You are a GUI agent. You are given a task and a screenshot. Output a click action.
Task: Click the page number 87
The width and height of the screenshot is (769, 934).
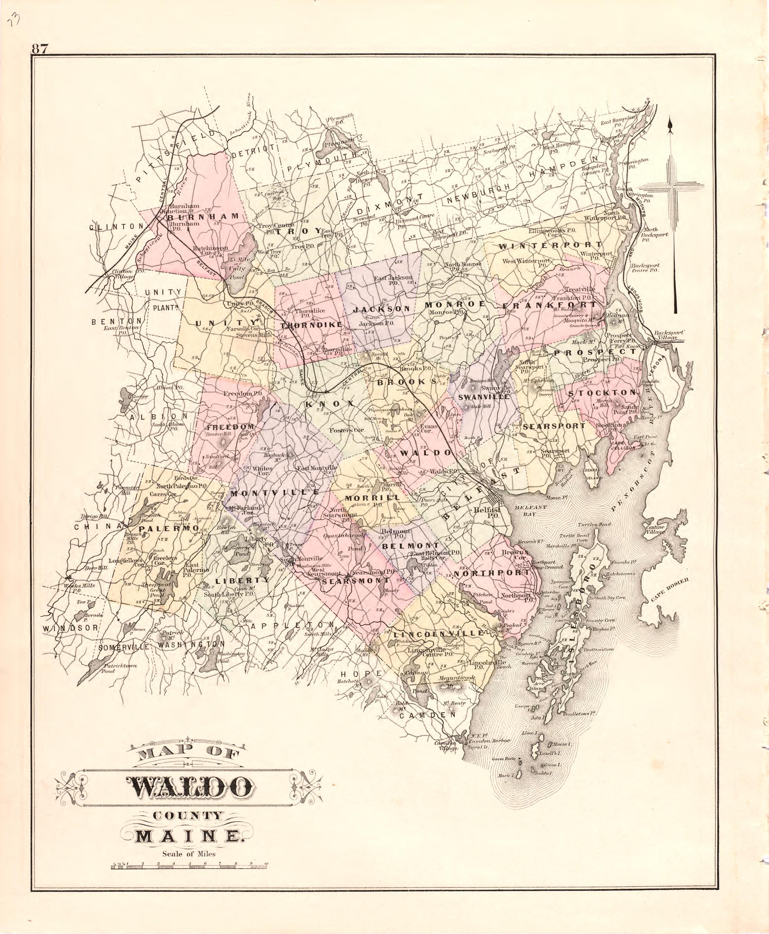click(x=39, y=48)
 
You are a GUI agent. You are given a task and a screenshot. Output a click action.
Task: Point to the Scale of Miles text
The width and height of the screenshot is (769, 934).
click(x=189, y=854)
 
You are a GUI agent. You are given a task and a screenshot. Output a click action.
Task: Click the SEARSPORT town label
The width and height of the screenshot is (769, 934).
click(x=554, y=426)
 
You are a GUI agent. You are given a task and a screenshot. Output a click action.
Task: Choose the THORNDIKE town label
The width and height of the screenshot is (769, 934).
click(x=311, y=325)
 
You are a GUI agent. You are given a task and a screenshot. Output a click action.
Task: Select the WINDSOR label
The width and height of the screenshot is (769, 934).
click(x=71, y=628)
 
